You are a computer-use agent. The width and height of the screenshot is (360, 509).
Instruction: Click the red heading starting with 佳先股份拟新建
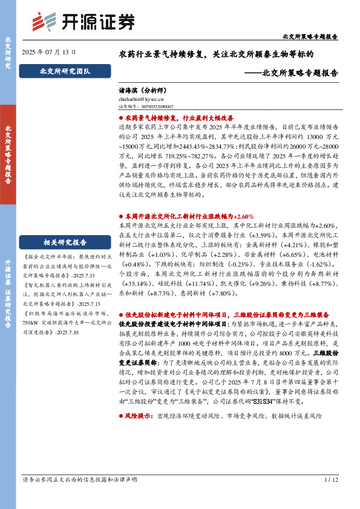[x=226, y=315]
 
